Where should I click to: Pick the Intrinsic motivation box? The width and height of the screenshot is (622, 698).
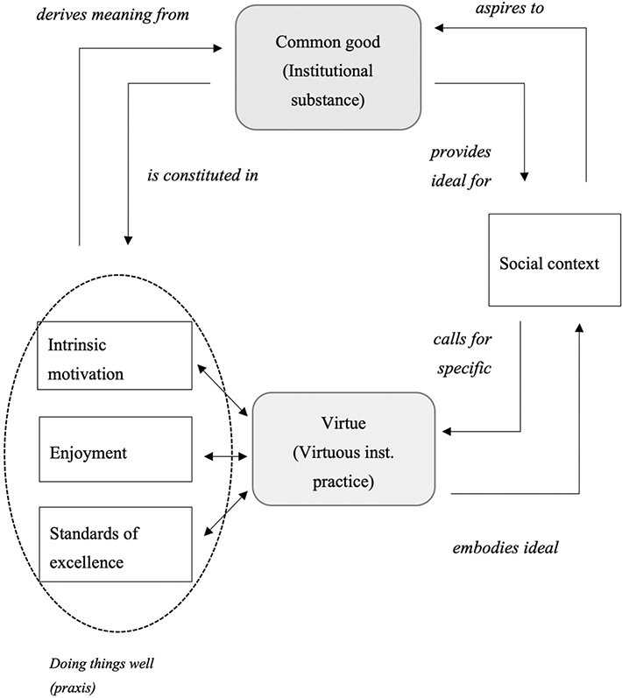pos(115,355)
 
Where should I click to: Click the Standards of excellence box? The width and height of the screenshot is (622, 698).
pos(115,543)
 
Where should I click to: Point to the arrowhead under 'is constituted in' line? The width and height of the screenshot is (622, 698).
pos(129,238)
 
